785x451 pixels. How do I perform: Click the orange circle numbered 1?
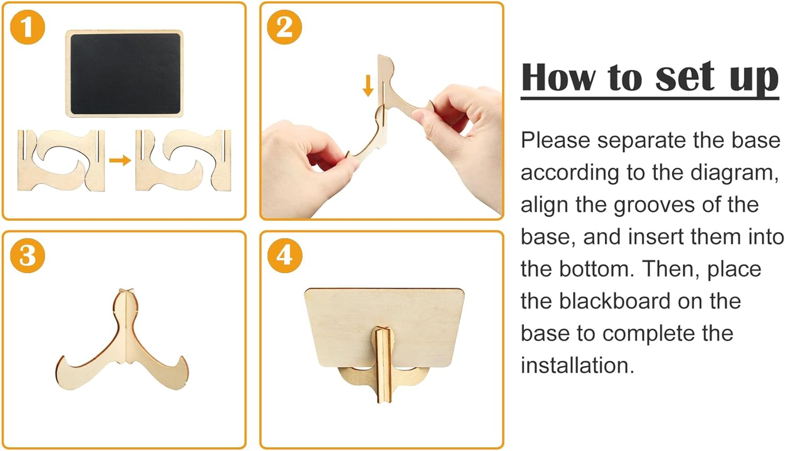[x=27, y=27]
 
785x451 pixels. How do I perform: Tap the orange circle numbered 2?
[x=284, y=27]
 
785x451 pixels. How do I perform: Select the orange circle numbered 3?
[x=27, y=255]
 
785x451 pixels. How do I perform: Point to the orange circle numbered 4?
[x=285, y=255]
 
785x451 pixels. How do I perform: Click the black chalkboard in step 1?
[x=124, y=73]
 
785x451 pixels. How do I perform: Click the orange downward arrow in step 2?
[x=368, y=85]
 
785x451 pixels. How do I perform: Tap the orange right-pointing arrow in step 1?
[x=120, y=160]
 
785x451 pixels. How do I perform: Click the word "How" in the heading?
[x=558, y=77]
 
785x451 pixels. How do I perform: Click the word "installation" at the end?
[x=577, y=365]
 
